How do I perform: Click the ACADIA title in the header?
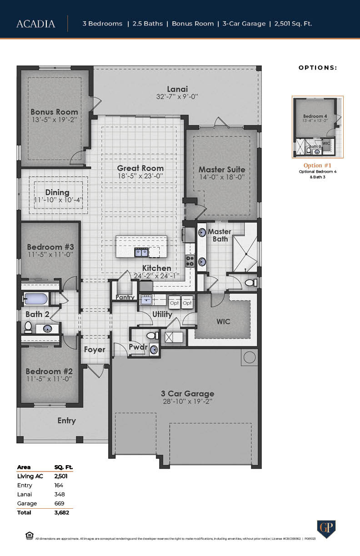(35, 24)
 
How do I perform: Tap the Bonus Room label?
(54, 112)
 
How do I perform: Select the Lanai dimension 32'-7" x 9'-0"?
(177, 97)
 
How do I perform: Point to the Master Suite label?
(222, 169)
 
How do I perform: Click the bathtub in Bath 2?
(36, 299)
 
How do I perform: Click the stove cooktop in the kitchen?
(190, 261)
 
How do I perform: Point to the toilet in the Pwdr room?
(151, 336)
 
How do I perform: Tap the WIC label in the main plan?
(223, 321)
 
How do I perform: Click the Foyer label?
(95, 349)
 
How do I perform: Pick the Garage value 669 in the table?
(59, 503)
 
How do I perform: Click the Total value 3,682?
(61, 512)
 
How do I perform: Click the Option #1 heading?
(317, 165)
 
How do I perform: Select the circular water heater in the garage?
(250, 357)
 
